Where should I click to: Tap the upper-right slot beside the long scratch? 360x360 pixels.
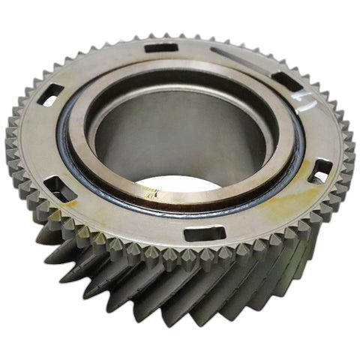click(285, 77)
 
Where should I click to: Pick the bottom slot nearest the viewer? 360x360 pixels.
click(204, 233)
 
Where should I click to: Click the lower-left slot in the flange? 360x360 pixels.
click(62, 187)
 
